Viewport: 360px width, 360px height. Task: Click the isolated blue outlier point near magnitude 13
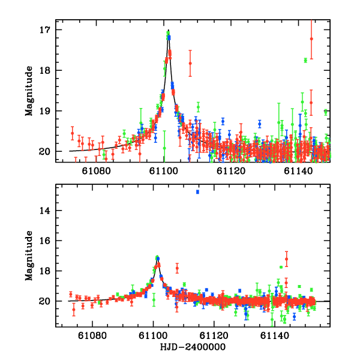point(197,191)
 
